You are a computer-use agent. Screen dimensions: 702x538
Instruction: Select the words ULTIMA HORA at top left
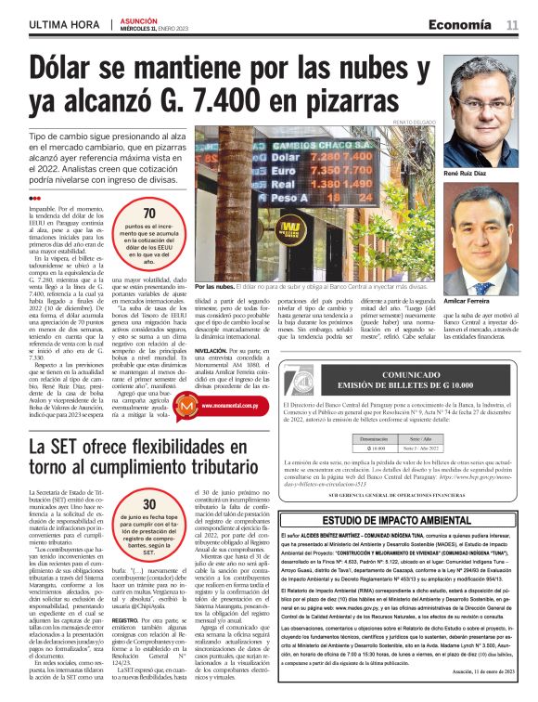pos(63,24)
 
